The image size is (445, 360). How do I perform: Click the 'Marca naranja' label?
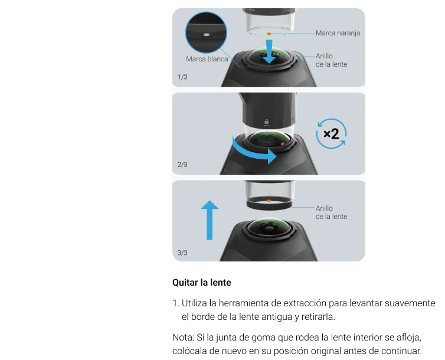click(338, 33)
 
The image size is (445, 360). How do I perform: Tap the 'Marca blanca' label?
click(207, 59)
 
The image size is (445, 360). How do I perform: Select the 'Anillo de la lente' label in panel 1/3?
click(331, 60)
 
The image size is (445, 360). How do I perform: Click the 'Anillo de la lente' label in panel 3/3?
click(331, 212)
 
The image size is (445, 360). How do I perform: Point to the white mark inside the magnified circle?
click(207, 35)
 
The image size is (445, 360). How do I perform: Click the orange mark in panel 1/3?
click(269, 34)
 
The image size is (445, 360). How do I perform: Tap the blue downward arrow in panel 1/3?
click(269, 51)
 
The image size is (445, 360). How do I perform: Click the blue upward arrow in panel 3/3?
click(210, 220)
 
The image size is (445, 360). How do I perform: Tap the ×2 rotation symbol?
click(331, 133)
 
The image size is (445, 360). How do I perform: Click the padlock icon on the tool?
click(267, 122)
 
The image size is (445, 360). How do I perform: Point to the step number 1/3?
click(182, 77)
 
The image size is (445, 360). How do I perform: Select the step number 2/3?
click(182, 165)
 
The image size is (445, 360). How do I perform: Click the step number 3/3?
click(182, 253)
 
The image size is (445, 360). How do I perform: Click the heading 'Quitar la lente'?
click(202, 283)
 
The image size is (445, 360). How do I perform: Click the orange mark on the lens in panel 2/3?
click(282, 144)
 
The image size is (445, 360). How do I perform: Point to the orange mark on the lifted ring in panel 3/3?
click(269, 201)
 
